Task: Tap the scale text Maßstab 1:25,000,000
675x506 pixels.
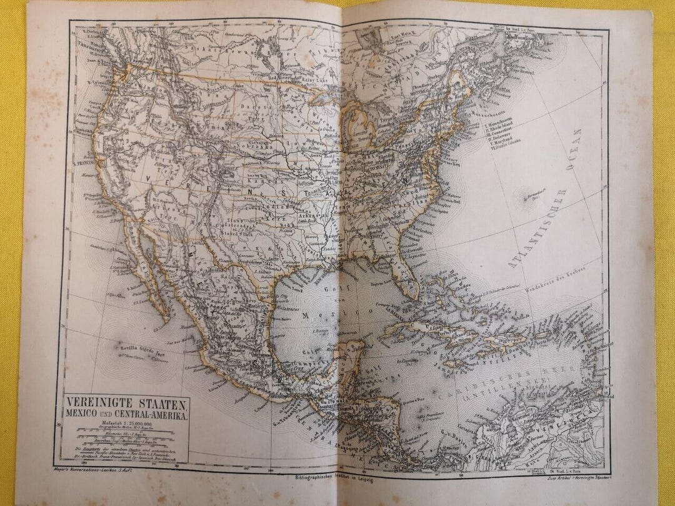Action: (x=124, y=424)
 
